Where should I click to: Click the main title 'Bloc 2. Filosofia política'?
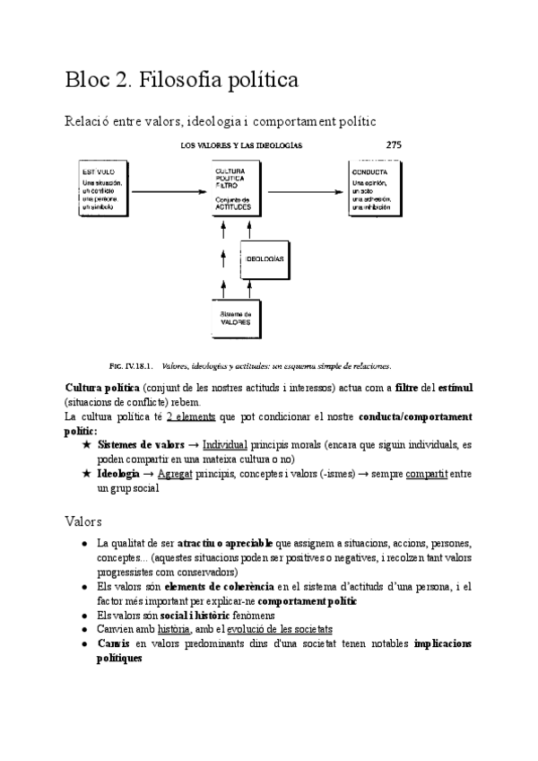pyautogui.click(x=181, y=80)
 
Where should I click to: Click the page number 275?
pyautogui.click(x=394, y=144)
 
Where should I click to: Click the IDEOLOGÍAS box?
pyautogui.click(x=265, y=258)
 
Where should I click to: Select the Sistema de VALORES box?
pyautogui.click(x=237, y=317)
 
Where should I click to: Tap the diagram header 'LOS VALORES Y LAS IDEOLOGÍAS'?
pyautogui.click(x=241, y=144)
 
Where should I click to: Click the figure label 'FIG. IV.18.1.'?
pyautogui.click(x=131, y=366)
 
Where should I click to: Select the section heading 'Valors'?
pyautogui.click(x=83, y=520)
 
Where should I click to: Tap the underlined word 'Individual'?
pyautogui.click(x=225, y=445)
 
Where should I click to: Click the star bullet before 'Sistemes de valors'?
pyautogui.click(x=86, y=445)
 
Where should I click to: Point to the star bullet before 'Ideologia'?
pyautogui.click(x=86, y=474)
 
